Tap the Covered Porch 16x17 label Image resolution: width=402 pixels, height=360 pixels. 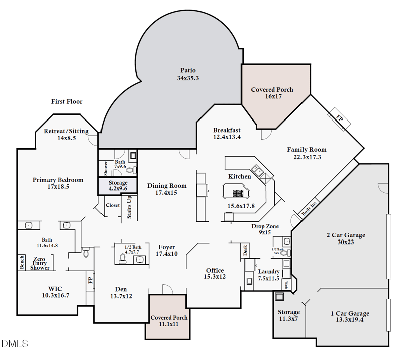click(x=272, y=93)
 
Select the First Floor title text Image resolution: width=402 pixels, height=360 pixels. click(x=67, y=102)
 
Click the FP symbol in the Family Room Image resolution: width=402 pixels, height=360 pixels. click(x=339, y=119)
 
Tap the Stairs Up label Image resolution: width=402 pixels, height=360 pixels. click(x=129, y=206)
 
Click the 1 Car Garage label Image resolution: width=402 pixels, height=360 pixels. click(x=350, y=316)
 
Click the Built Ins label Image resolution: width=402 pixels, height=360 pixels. click(x=309, y=208)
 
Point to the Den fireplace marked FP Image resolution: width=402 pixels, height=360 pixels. click(x=90, y=279)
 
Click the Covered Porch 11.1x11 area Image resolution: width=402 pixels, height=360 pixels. click(x=169, y=320)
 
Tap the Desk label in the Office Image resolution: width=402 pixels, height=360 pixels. click(x=245, y=250)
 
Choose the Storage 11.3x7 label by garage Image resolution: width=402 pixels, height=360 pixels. click(x=289, y=315)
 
